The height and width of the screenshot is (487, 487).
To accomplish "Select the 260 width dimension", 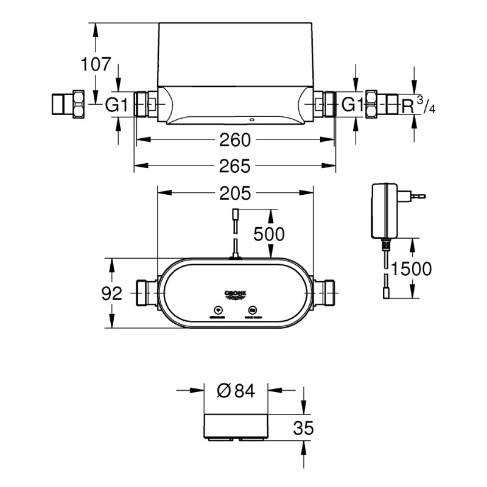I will pyautogui.click(x=235, y=140).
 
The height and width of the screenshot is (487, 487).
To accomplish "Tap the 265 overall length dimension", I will pyautogui.click(x=235, y=166).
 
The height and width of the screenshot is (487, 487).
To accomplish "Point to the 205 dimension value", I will pyautogui.click(x=235, y=193).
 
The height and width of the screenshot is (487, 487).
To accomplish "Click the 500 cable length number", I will pyautogui.click(x=268, y=234).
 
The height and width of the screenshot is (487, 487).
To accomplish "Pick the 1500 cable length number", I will pyautogui.click(x=412, y=268).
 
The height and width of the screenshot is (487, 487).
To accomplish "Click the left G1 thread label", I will pyautogui.click(x=116, y=105).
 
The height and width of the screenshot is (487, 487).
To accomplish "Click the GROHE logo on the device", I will pyautogui.click(x=235, y=295).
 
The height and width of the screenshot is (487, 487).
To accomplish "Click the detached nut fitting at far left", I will pyautogui.click(x=68, y=104).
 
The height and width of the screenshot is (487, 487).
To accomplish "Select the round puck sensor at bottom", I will pyautogui.click(x=236, y=427).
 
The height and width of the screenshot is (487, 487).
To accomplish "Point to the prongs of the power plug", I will pyautogui.click(x=416, y=196).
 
